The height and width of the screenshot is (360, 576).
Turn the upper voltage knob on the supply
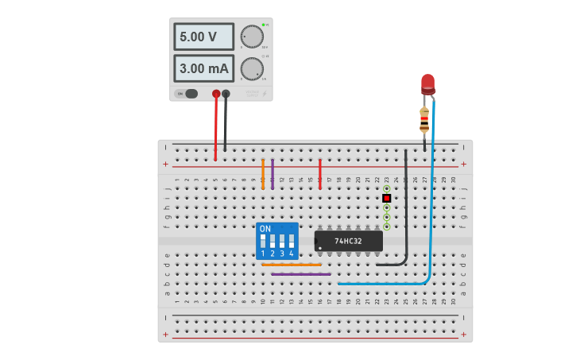click(252, 37)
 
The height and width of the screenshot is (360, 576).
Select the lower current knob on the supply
click(252, 68)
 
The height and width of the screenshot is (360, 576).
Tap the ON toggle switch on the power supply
click(191, 94)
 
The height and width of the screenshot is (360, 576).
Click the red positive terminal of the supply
click(216, 94)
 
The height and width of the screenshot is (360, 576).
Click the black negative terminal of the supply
click(226, 94)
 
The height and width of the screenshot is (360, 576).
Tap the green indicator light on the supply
click(263, 25)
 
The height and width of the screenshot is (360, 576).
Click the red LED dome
click(427, 82)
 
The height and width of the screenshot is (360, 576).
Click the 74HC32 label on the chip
click(348, 241)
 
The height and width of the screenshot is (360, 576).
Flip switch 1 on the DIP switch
click(263, 240)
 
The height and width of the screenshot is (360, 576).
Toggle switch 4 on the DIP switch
click(291, 240)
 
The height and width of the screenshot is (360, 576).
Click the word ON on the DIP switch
click(265, 229)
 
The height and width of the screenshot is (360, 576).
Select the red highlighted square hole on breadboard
click(386, 198)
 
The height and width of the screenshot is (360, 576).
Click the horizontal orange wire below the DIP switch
click(292, 265)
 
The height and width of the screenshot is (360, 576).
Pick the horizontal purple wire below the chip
click(301, 274)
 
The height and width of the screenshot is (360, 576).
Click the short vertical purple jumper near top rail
click(273, 174)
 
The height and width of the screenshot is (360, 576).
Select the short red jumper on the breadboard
click(320, 173)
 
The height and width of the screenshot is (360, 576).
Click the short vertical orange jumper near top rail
click(263, 174)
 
